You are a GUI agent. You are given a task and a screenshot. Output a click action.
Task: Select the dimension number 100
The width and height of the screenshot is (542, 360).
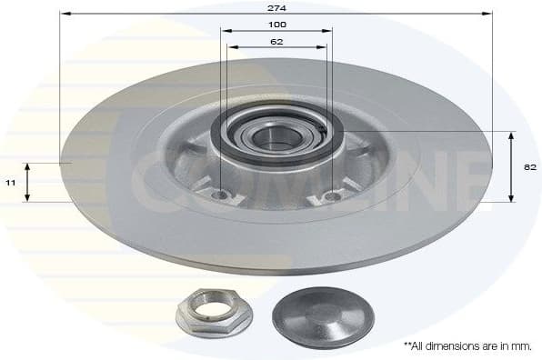tap(277, 24)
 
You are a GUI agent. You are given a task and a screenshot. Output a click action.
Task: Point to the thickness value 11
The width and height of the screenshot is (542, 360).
tap(11, 183)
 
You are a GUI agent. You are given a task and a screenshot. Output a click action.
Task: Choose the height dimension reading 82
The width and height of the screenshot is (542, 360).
tap(530, 167)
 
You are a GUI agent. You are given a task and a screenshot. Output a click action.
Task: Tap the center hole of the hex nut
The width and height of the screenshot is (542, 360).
tap(207, 307)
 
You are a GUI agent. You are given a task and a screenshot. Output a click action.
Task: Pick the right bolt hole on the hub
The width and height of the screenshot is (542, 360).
tap(332, 195)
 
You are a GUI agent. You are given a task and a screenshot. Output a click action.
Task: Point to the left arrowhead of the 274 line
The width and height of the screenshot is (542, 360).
tap(64, 14)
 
